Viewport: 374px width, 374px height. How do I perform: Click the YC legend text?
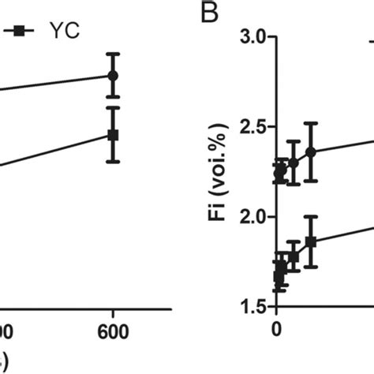tap(62, 32)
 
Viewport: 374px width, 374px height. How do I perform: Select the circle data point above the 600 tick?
tap(113, 75)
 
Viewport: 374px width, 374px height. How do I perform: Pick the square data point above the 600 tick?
tap(113, 135)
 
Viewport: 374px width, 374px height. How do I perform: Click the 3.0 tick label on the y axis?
tap(250, 36)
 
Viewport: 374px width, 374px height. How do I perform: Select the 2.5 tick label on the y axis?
tap(250, 126)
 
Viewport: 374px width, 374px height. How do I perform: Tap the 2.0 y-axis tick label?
tap(250, 217)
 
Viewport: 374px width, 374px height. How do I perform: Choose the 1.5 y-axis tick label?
tap(250, 307)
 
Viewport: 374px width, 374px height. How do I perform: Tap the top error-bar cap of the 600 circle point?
tap(113, 54)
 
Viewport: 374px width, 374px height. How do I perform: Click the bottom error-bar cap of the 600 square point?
tap(113, 162)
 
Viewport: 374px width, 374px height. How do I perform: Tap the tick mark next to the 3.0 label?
tap(271, 36)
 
